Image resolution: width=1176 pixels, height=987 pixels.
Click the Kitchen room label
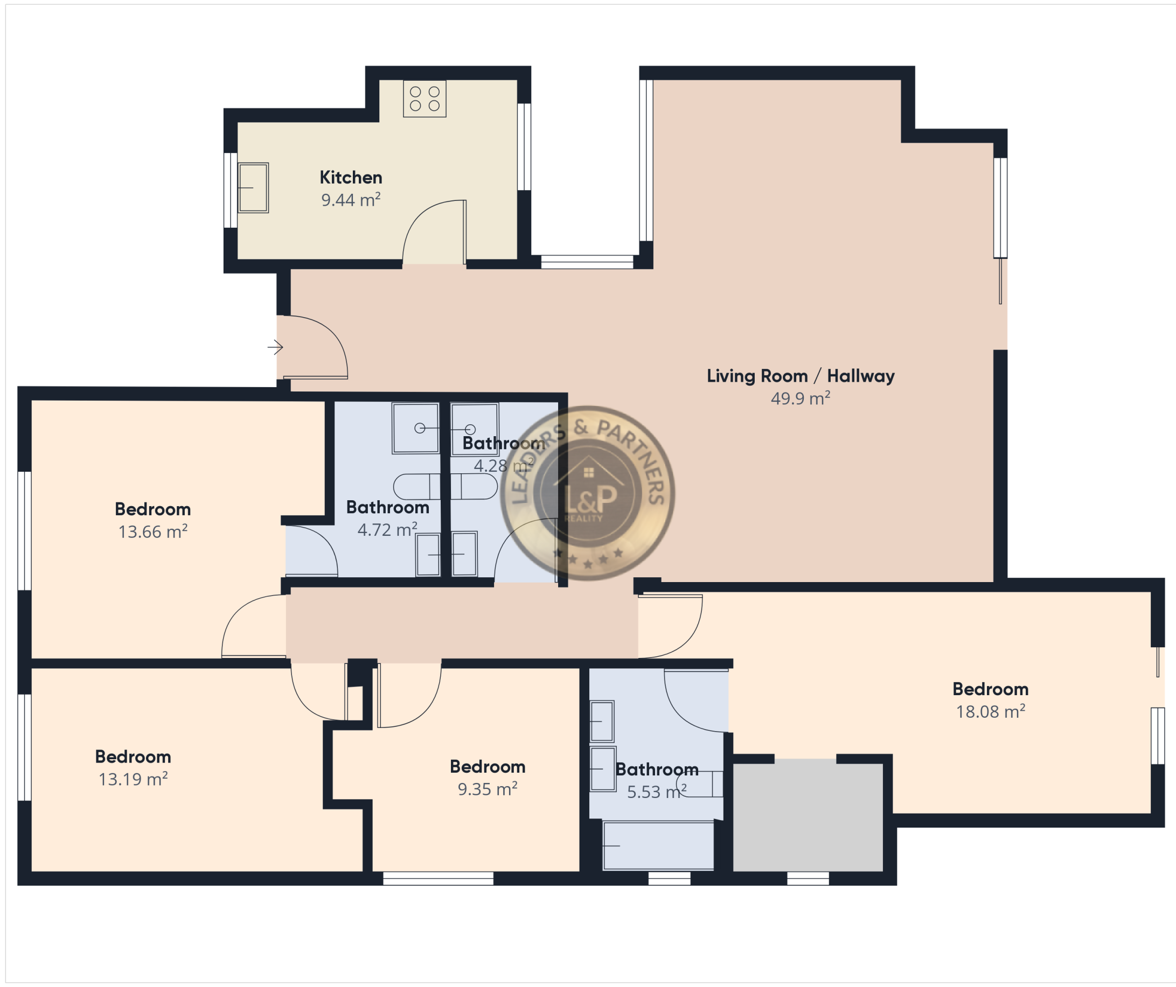tap(351, 178)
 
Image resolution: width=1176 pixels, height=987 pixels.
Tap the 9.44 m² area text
tap(351, 200)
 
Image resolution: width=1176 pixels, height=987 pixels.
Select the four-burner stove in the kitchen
tap(425, 99)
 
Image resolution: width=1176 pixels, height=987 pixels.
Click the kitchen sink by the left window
tap(253, 187)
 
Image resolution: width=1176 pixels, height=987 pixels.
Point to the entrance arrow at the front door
tap(275, 348)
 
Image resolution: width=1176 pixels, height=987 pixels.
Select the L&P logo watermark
tap(587, 493)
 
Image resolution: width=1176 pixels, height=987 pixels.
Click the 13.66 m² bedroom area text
tap(153, 531)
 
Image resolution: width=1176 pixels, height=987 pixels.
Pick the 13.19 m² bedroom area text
tap(133, 779)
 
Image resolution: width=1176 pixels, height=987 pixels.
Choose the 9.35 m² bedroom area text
tap(488, 789)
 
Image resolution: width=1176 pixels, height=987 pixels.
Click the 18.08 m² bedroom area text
tap(991, 711)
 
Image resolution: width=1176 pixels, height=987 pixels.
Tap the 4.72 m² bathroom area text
tap(387, 530)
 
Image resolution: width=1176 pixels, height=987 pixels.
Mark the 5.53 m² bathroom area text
tap(657, 792)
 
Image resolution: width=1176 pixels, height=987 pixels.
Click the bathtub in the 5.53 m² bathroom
tap(658, 845)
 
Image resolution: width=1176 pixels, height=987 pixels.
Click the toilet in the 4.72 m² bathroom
tap(417, 487)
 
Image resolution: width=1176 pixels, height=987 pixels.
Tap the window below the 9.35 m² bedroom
tap(438, 878)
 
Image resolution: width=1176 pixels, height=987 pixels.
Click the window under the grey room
tap(808, 878)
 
